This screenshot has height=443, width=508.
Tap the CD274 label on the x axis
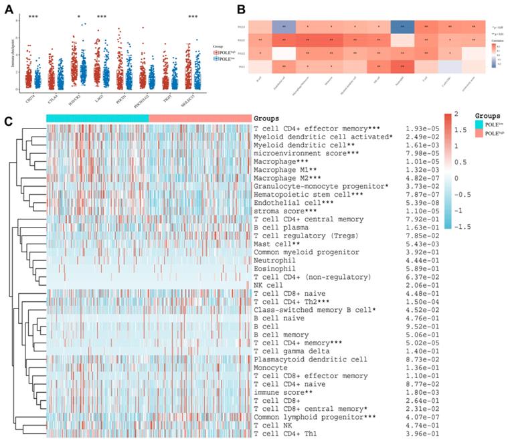28,98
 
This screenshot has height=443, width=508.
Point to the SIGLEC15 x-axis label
195,100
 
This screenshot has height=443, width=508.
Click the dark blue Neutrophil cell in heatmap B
402,28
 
